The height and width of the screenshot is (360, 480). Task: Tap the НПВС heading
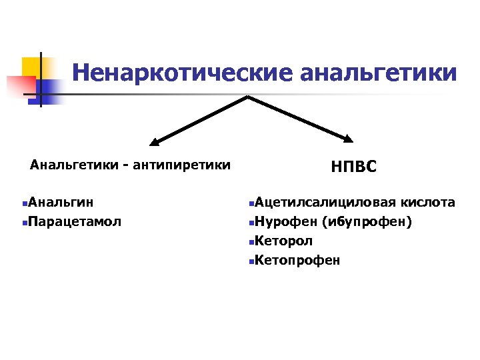(353, 167)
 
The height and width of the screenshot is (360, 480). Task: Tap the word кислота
(430, 201)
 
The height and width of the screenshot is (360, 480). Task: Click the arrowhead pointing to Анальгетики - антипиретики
(155, 141)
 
